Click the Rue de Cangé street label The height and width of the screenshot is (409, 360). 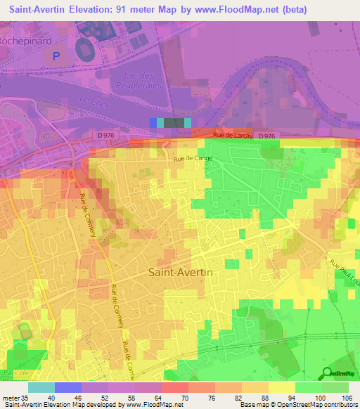(x=193, y=159)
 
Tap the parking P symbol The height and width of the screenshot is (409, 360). (x=57, y=54)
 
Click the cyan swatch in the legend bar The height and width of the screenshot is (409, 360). (x=41, y=387)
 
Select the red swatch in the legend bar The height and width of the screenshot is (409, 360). (x=175, y=387)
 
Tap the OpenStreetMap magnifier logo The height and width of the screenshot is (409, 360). (x=328, y=374)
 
